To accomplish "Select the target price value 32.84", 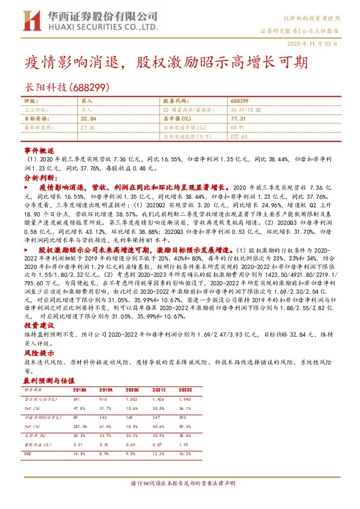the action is (x=89, y=119).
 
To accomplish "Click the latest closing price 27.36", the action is (x=88, y=128).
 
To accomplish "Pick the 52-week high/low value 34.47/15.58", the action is (x=246, y=111).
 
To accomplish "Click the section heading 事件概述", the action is (x=39, y=149).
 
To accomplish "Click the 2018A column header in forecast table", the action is (x=80, y=391).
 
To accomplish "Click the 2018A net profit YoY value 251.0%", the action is (x=79, y=426).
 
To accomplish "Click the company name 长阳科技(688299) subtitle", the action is (x=66, y=87).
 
